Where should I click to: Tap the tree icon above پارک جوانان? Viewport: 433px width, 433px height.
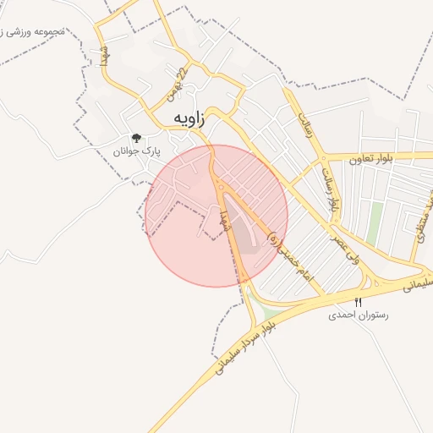[135, 138]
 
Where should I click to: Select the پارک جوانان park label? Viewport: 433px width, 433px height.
[135, 151]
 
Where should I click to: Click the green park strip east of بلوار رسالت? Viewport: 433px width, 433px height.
[375, 222]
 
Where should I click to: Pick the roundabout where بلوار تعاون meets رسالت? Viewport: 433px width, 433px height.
[325, 158]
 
